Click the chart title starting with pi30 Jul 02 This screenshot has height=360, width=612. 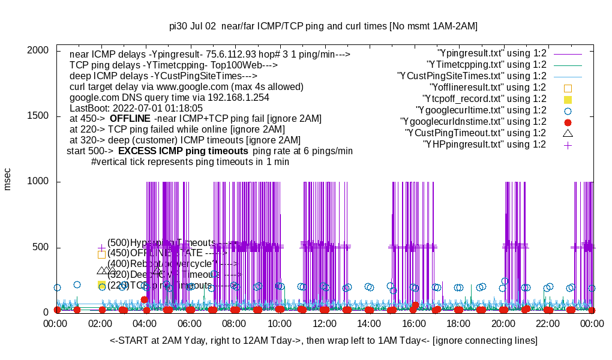click(323, 26)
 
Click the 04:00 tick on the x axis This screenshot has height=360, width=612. click(146, 323)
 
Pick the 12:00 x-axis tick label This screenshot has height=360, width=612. click(325, 323)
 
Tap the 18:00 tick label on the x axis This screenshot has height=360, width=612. click(458, 323)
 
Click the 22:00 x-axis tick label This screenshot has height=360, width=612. click(548, 323)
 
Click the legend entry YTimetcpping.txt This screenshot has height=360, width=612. click(486, 65)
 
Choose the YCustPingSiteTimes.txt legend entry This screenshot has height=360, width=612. click(472, 76)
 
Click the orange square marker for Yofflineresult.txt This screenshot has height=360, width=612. click(568, 88)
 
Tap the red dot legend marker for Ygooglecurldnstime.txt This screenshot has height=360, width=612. click(568, 122)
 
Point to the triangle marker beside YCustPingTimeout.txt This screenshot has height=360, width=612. click(568, 133)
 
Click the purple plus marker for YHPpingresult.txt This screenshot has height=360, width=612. click(568, 145)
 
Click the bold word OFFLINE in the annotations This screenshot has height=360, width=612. click(130, 119)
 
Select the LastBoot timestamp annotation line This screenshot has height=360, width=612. click(136, 108)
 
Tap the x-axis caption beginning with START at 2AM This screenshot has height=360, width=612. click(323, 341)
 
